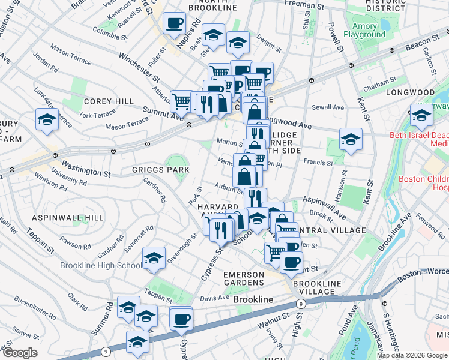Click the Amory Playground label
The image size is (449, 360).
pos(364,30)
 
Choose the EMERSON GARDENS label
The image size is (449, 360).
pos(244,279)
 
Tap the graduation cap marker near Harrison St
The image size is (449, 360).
pos(351,140)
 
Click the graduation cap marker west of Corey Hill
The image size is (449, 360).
pos(47,119)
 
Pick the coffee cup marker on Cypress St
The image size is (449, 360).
pos(181,319)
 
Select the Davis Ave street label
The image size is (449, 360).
pos(215,297)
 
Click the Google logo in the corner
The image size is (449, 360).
pos(20,353)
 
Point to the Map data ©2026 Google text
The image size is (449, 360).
pos(412,355)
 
